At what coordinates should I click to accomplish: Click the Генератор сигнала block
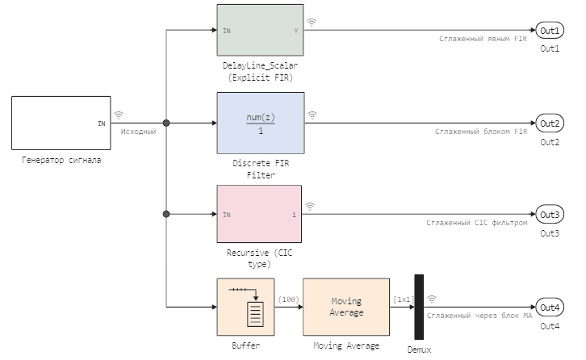[61, 123]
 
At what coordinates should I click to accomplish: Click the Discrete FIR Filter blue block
[260, 123]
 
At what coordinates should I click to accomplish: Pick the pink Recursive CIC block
[259, 214]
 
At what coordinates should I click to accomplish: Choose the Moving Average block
[346, 307]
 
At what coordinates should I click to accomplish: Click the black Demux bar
[419, 307]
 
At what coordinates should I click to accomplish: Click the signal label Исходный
[138, 131]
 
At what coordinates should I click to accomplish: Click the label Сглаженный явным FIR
[483, 39]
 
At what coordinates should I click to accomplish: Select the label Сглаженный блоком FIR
[481, 131]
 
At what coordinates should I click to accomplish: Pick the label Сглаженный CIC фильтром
[476, 223]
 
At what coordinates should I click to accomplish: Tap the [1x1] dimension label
[403, 299]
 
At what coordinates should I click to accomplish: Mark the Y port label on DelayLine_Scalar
[295, 31]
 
